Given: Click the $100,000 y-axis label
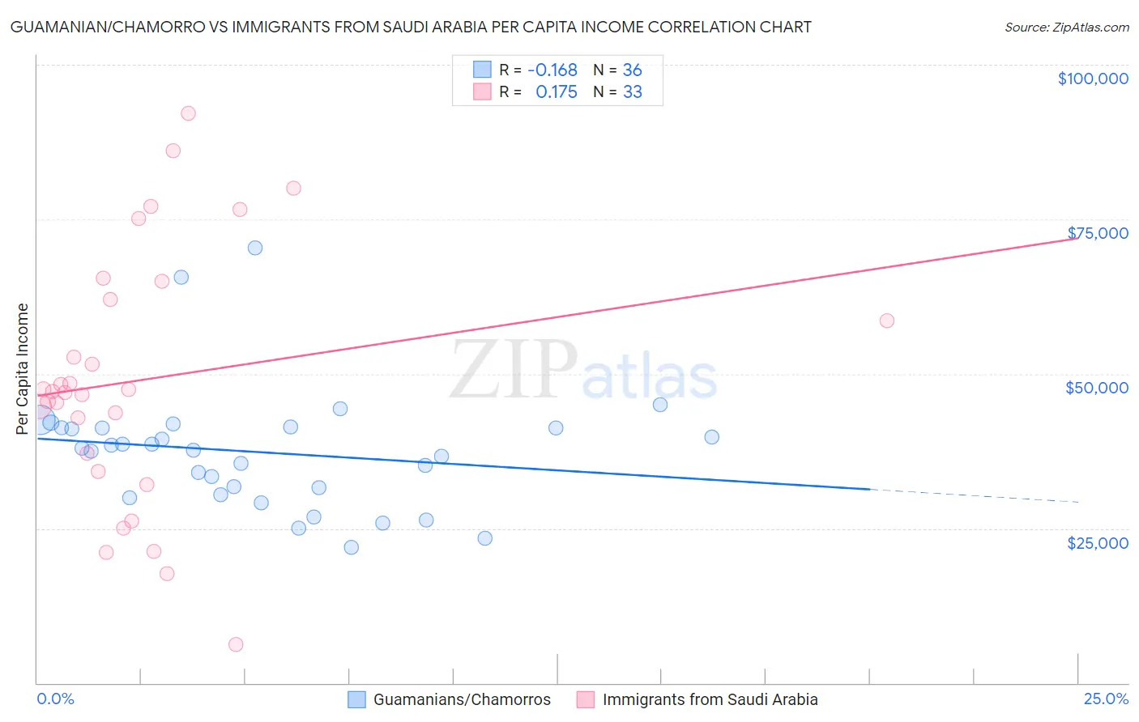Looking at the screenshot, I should click(x=1093, y=79).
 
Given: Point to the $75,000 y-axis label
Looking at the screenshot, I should click(x=1097, y=233).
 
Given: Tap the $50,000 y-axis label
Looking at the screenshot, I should click(x=1096, y=388).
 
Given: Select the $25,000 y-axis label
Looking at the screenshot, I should click(x=1097, y=543).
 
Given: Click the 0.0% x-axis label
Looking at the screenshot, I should click(x=55, y=699).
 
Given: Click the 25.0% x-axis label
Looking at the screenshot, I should click(x=1106, y=699).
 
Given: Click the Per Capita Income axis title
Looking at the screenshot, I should click(x=23, y=368).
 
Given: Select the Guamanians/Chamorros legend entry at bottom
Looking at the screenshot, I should click(x=462, y=699).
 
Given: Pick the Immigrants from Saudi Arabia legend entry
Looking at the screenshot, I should click(x=710, y=699).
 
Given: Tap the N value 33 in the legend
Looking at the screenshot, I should click(x=632, y=92).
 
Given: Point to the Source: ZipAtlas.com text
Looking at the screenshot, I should click(x=1066, y=28).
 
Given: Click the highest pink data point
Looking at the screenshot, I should click(x=188, y=113).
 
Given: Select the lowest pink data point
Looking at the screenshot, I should click(x=236, y=644).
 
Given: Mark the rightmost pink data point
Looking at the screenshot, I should click(x=886, y=321).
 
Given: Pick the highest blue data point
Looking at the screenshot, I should click(x=255, y=248).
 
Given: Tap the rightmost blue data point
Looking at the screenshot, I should click(x=711, y=437).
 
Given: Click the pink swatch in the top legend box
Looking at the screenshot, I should click(x=482, y=92).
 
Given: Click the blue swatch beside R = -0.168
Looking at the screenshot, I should click(x=482, y=70).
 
